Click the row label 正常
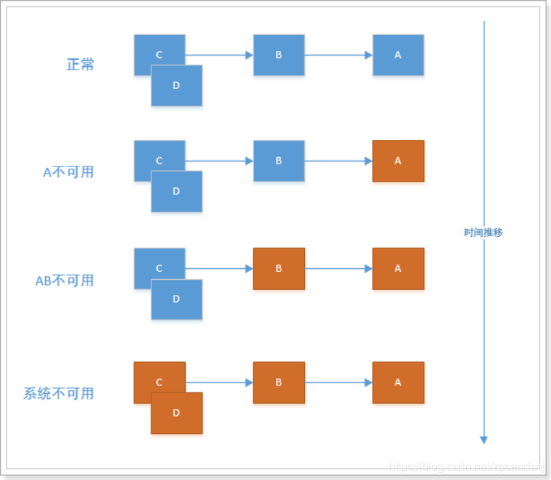coord(80,65)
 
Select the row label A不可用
coord(68,172)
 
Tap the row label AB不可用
coord(65,281)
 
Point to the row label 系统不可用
coord(59,393)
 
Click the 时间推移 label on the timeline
coord(484,233)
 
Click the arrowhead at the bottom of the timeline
coord(484,439)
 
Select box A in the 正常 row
coord(398,55)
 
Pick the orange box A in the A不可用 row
coord(398,161)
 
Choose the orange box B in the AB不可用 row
coord(279,268)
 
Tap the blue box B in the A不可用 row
coord(279,161)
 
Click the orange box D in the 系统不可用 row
coord(176,415)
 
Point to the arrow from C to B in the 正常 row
coord(219,55)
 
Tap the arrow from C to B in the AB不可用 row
coord(219,268)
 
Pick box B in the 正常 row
coord(279,55)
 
